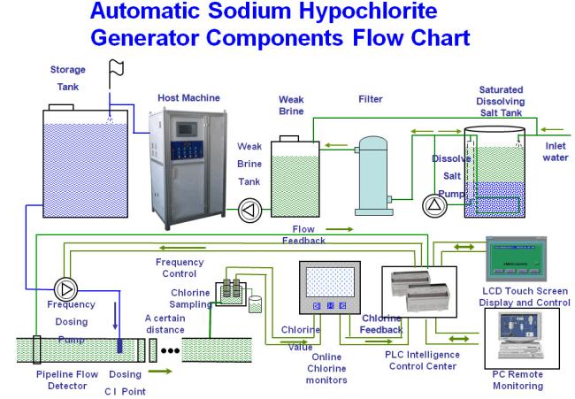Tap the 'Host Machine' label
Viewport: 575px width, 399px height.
point(188,98)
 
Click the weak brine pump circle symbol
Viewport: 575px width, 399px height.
point(250,211)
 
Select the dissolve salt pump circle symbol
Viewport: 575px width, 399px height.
point(434,205)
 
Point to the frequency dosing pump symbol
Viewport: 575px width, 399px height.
point(66,289)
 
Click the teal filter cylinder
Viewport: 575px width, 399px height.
point(373,176)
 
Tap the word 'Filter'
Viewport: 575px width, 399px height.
point(371,99)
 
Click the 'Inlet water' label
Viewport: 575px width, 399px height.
point(556,151)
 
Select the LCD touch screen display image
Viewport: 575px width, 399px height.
point(516,259)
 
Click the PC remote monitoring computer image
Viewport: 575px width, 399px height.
point(522,338)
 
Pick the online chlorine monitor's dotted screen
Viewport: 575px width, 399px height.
point(330,281)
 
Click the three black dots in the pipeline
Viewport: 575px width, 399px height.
point(170,350)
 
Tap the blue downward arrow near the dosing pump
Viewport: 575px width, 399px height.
point(116,315)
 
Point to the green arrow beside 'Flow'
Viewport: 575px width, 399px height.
point(339,229)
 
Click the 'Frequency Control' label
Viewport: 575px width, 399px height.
point(180,268)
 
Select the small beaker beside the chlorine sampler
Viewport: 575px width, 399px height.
point(256,304)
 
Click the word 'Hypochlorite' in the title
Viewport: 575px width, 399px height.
point(368,11)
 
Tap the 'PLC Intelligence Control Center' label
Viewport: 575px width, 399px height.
point(423,360)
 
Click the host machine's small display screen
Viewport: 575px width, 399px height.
point(187,129)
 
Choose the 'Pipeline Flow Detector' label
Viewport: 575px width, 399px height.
point(67,380)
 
